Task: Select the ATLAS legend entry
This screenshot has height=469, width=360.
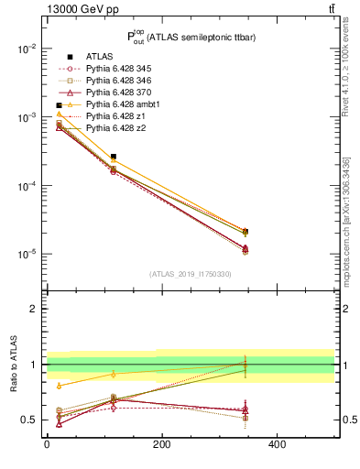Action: click(102, 57)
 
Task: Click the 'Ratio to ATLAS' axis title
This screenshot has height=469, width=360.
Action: click(12, 364)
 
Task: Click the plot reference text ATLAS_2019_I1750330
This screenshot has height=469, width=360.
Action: click(191, 274)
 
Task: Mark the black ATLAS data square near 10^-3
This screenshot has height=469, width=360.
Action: click(59, 105)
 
